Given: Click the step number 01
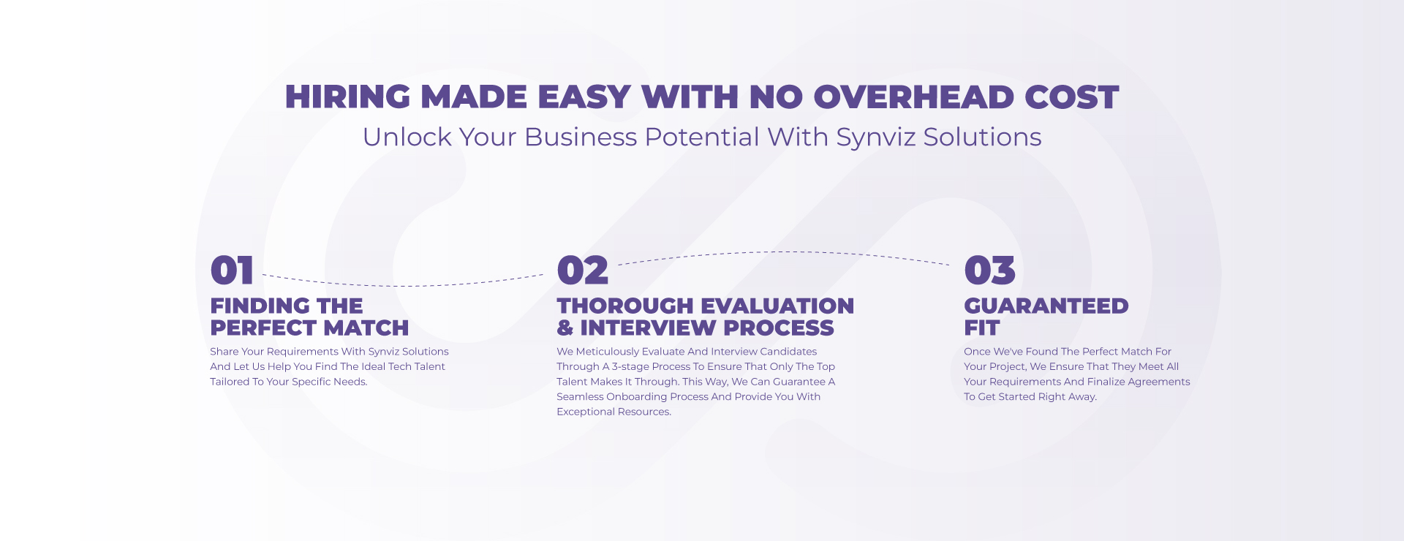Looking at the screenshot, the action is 232,270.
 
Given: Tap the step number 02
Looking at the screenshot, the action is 582,270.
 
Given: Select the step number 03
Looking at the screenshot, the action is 989,270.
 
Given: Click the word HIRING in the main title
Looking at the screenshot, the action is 348,97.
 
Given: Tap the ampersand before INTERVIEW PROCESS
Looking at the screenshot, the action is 565,328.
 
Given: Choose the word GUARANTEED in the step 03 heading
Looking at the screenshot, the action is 1046,306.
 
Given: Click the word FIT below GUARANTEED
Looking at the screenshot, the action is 982,328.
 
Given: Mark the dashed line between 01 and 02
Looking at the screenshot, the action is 403,285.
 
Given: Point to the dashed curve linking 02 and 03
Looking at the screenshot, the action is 784,252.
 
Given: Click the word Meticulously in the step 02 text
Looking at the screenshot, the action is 607,352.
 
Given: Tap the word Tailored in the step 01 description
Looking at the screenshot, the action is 230,382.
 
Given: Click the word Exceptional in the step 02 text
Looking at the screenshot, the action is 586,412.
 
